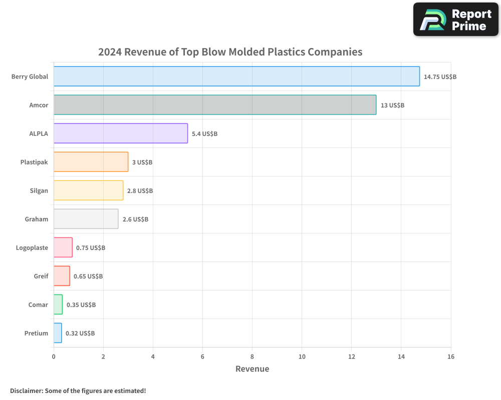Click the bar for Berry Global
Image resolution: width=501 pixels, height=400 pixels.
point(236,76)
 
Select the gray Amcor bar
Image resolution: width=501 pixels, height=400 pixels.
point(215,105)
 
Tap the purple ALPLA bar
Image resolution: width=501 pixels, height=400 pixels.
point(121,133)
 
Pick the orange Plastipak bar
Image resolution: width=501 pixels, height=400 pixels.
point(91,162)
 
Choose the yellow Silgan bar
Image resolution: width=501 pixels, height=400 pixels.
point(88,190)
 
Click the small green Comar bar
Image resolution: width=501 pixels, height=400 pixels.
point(58,304)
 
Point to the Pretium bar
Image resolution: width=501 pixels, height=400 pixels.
point(58,333)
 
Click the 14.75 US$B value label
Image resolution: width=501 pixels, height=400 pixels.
point(440,77)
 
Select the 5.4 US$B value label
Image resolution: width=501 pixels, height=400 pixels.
point(204,134)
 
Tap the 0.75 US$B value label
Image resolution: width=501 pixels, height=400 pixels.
point(91,248)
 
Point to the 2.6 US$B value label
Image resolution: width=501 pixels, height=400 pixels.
point(135,219)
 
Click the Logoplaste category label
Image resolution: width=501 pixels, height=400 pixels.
point(32,247)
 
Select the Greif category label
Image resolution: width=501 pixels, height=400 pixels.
point(41,276)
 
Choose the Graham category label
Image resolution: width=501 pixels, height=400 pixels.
point(37,219)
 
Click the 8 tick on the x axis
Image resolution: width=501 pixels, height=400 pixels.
point(252,356)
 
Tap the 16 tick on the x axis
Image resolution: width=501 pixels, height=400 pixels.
point(450,356)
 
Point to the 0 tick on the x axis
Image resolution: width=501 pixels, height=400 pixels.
point(54,356)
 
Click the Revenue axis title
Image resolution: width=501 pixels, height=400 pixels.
point(252,369)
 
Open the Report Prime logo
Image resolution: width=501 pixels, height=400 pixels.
point(455,19)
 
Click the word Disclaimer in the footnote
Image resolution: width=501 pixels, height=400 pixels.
point(26,391)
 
